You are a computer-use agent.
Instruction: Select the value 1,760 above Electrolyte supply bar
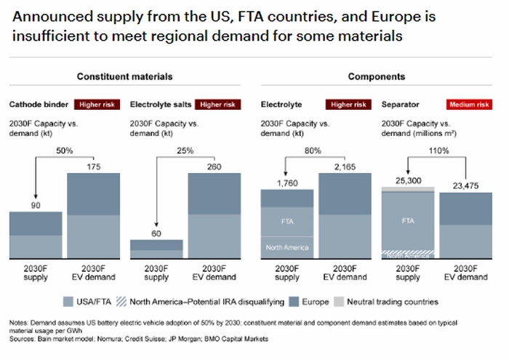[x=288, y=182]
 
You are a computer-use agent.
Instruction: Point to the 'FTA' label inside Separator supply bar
[x=408, y=219]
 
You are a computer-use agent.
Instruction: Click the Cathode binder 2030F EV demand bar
[x=94, y=216]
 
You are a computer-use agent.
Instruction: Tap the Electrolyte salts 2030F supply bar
[x=156, y=249]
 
